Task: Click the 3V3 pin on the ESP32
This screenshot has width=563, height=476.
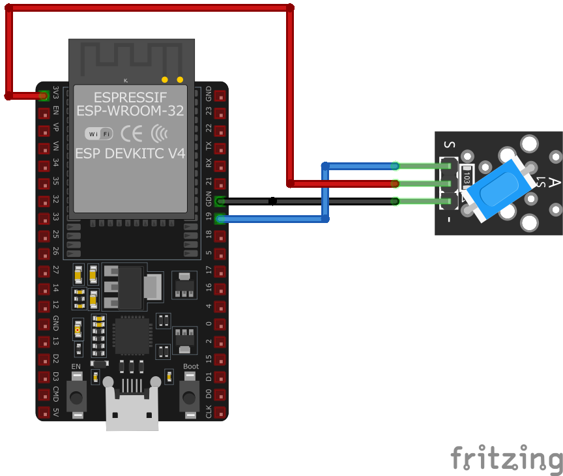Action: pos(44,96)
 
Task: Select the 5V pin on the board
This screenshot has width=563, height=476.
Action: pos(44,412)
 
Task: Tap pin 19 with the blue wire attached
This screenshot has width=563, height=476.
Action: pos(220,219)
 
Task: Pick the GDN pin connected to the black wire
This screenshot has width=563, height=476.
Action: pos(220,201)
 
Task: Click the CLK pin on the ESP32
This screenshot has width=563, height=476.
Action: pos(220,412)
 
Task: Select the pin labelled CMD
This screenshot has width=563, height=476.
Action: pos(44,394)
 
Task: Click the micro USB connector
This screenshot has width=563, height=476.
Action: pos(132,409)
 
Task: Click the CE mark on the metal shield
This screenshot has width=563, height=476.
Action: pos(132,134)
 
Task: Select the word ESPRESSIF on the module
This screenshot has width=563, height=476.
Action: pos(130,98)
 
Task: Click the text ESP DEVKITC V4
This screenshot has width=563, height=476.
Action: pos(130,154)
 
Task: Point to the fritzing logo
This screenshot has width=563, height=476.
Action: pos(506,458)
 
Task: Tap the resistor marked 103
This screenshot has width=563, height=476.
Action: pos(467,177)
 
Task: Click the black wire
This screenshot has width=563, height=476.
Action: pos(306,201)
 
